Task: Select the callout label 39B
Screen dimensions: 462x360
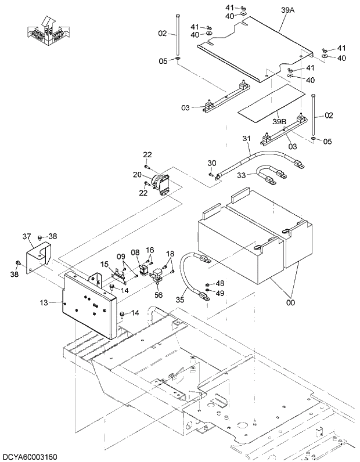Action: click(x=280, y=121)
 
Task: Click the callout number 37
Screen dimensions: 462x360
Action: click(x=26, y=236)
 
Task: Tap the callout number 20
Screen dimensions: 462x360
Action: click(x=137, y=175)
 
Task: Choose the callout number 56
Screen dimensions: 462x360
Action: click(x=159, y=295)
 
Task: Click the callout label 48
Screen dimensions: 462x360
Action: click(x=219, y=283)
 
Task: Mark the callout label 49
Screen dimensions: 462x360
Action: click(x=219, y=293)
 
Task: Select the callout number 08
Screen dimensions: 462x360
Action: click(x=135, y=252)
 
